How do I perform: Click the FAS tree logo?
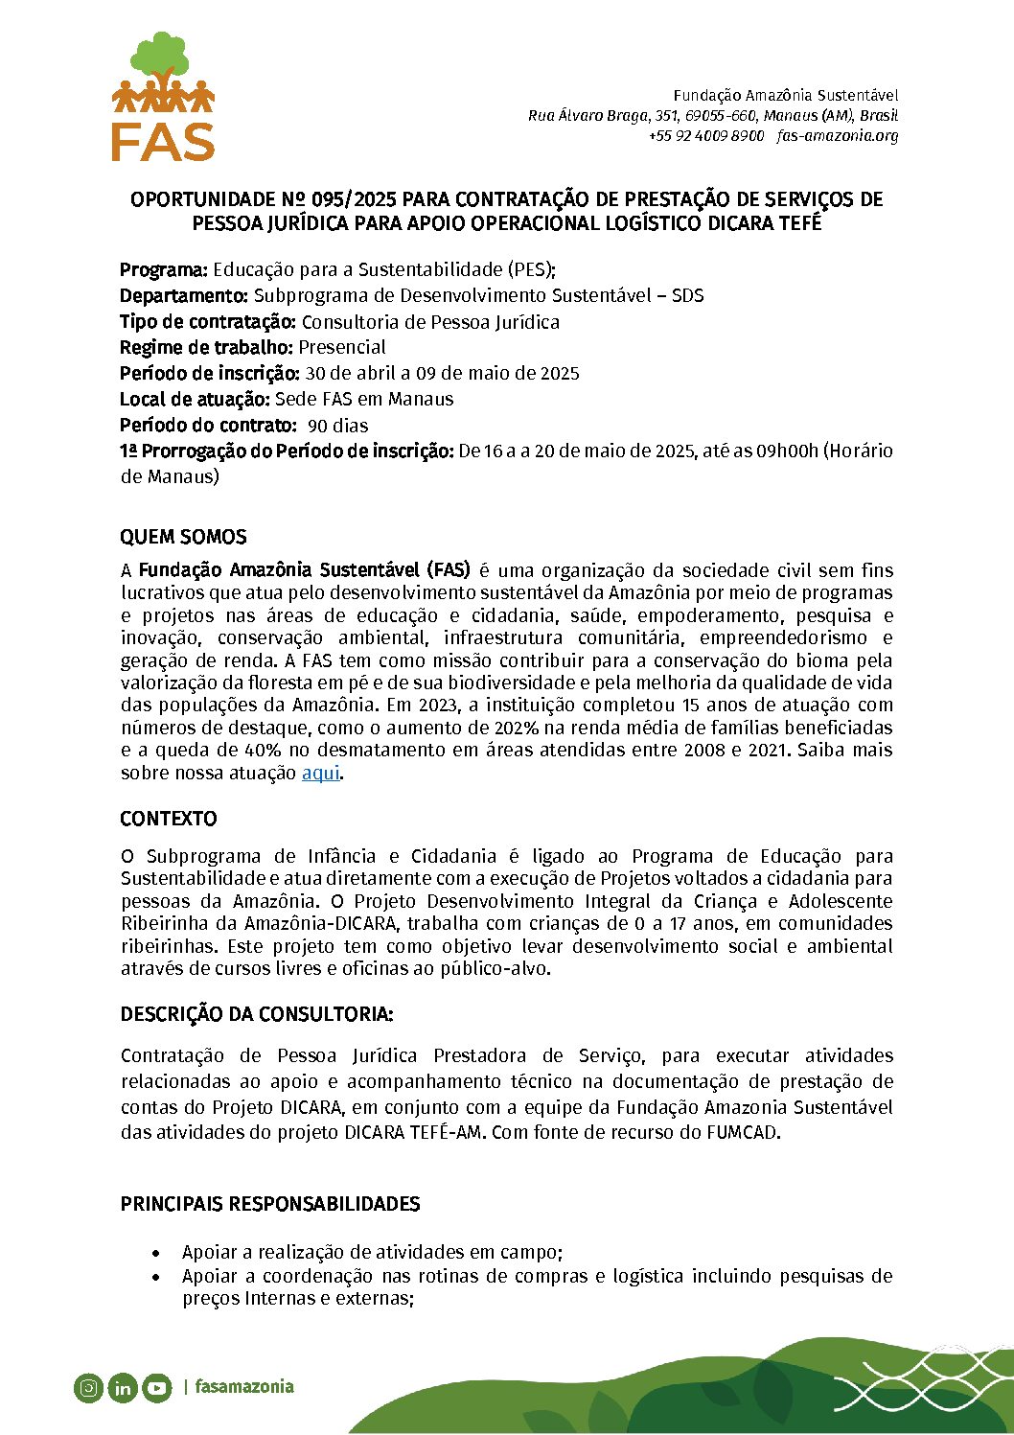(163, 96)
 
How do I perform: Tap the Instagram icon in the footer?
(88, 1387)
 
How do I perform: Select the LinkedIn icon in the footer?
(123, 1387)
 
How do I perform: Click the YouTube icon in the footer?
(156, 1387)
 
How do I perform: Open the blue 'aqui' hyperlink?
(321, 773)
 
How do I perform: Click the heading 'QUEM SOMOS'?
(183, 537)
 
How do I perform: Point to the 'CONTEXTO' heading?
(169, 819)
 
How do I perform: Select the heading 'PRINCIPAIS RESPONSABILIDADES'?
(270, 1204)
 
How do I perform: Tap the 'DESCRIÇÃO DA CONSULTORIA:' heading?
(257, 1014)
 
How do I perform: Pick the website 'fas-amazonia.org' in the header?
(838, 135)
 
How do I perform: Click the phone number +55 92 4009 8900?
(706, 135)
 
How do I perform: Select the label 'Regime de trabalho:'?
(206, 347)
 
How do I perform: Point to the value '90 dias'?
(338, 426)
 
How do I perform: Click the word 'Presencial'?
(342, 347)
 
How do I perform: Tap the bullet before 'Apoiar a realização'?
(155, 1253)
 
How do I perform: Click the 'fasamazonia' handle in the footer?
(244, 1387)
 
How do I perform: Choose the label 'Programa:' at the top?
(164, 269)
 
